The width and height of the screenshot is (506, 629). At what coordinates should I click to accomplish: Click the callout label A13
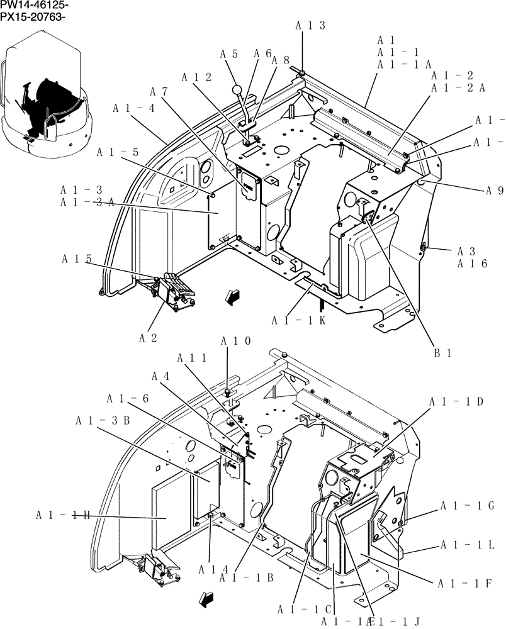[x=310, y=25]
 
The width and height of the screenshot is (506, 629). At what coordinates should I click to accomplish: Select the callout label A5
[x=228, y=54]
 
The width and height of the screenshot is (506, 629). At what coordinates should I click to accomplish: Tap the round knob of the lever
[x=237, y=90]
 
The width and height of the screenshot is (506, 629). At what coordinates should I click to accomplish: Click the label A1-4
[x=133, y=108]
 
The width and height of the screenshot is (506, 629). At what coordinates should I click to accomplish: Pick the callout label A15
[x=77, y=259]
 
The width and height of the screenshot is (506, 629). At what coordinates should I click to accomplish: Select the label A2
[x=148, y=338]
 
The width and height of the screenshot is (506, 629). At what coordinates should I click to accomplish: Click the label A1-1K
[x=298, y=321]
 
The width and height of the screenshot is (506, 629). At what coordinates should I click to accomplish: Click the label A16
[x=472, y=264]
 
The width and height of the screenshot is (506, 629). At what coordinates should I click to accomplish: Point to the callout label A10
[x=235, y=341]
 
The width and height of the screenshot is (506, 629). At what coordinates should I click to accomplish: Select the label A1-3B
[x=103, y=420]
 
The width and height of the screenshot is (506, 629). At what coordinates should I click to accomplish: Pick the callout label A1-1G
[x=467, y=506]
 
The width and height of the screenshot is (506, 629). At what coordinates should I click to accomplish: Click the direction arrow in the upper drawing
[x=233, y=296]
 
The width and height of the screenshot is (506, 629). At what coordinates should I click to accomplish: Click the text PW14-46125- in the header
[x=35, y=5]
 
